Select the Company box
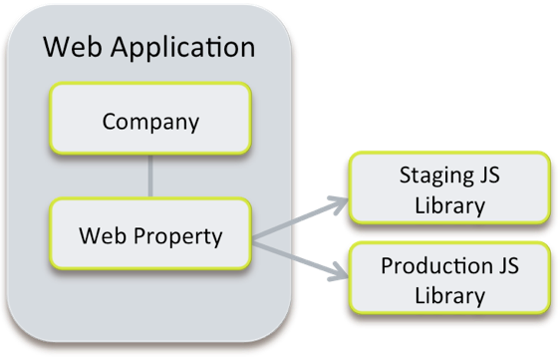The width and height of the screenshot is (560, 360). click(150, 123)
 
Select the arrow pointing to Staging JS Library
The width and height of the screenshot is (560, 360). click(299, 218)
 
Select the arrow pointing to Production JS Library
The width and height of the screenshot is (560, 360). click(299, 257)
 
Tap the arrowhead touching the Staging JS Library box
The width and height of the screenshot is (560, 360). click(337, 203)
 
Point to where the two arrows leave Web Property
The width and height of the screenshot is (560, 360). click(256, 237)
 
